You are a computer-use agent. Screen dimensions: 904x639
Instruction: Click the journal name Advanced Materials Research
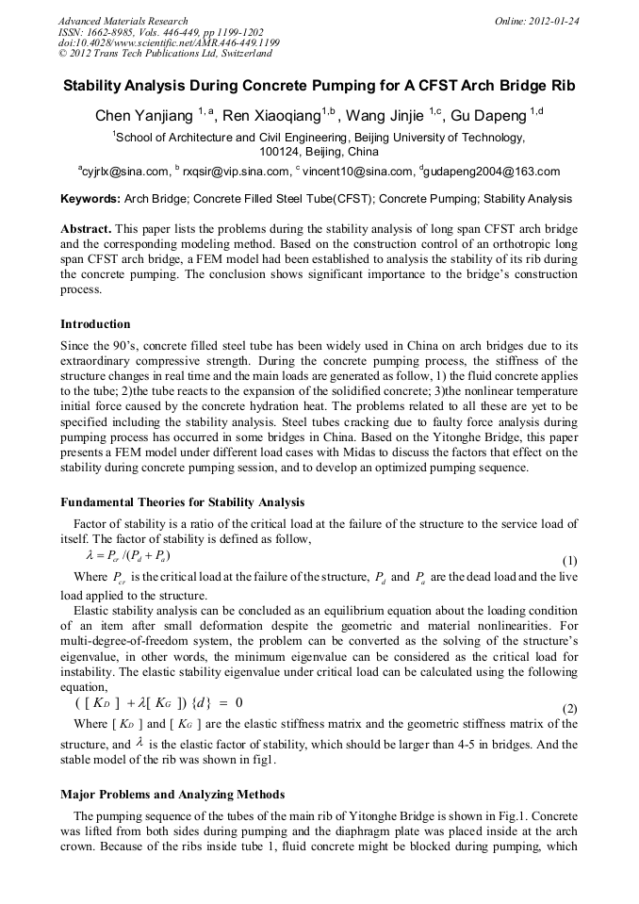(123, 21)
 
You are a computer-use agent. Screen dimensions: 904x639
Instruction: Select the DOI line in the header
(169, 43)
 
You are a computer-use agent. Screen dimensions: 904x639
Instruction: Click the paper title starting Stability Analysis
(319, 86)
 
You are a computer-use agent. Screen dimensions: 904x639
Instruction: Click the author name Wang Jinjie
(387, 117)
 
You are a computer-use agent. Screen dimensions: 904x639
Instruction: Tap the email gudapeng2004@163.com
(490, 172)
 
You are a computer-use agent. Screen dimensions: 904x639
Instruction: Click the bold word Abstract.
(87, 229)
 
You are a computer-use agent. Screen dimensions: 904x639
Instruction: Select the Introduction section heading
(95, 324)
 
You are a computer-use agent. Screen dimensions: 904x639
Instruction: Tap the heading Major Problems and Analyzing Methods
(172, 795)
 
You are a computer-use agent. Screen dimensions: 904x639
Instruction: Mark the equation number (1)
(569, 559)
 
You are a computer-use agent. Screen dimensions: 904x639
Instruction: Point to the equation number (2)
(569, 708)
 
